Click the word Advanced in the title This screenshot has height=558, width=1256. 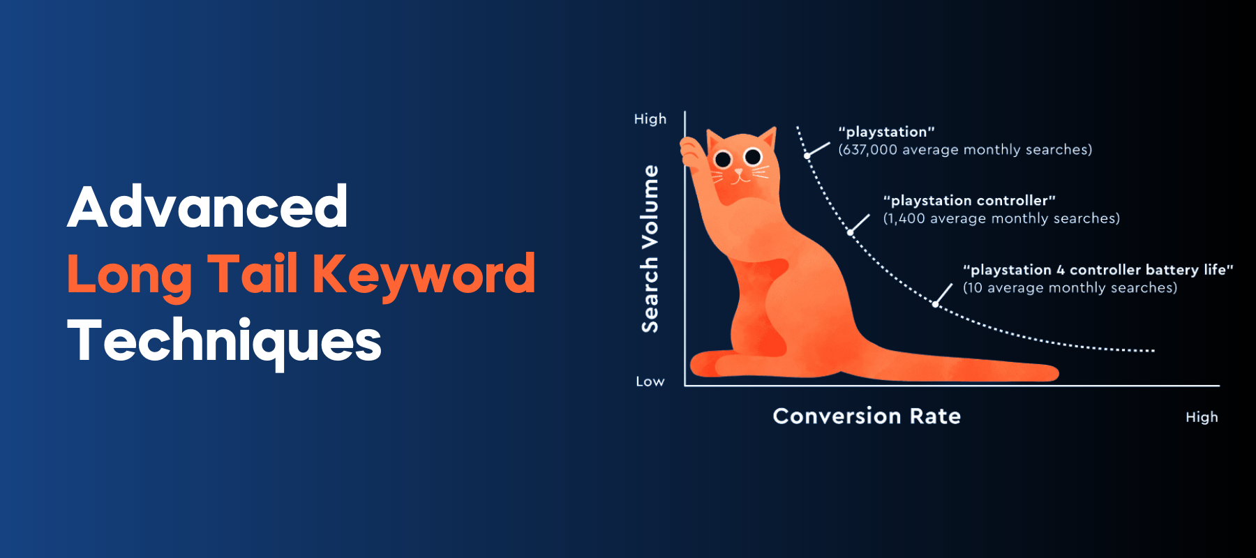coord(207,207)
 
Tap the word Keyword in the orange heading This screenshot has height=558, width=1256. coord(424,275)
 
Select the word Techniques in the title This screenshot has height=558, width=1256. coord(224,341)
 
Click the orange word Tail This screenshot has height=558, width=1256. coord(253,273)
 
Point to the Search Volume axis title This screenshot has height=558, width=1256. coord(650,249)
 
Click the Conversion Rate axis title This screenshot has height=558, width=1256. coord(867,416)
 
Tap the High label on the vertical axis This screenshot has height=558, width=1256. coord(650,119)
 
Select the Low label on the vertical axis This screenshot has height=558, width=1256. coord(650,382)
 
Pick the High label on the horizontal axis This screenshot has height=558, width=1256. coord(1202,417)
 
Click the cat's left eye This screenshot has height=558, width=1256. coord(723,160)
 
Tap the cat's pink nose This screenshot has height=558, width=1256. coord(739,172)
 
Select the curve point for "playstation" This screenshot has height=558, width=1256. coord(808,156)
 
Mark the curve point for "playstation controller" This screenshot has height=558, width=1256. coord(850,232)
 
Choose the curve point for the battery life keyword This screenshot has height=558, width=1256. coord(936,304)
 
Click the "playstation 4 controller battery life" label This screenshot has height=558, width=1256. coord(1098,270)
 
